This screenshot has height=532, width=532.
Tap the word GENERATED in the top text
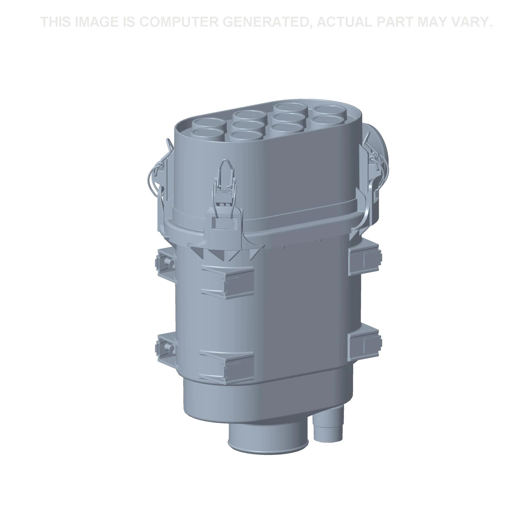tap(264, 22)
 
